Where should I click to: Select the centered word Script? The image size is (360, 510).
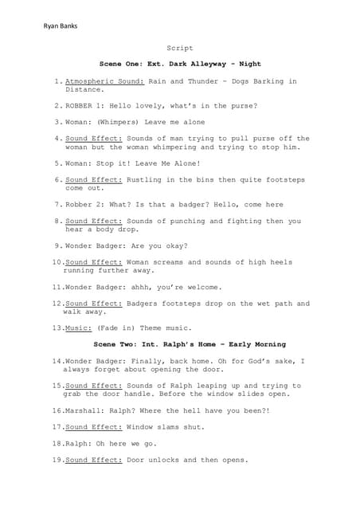[179, 48]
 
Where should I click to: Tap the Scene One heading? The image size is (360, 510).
[180, 64]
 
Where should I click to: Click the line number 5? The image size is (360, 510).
[57, 163]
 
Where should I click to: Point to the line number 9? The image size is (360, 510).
[57, 245]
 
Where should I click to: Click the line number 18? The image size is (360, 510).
[56, 444]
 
